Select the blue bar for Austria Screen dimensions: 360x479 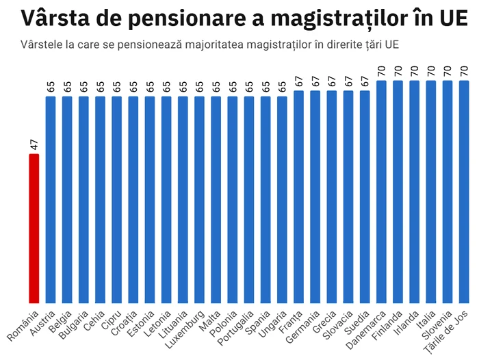51,199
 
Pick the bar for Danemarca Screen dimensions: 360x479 381,192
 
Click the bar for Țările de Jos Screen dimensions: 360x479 464,192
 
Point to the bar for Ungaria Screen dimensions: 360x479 282,199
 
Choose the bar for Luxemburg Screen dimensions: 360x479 199,199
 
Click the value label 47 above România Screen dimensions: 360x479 34,144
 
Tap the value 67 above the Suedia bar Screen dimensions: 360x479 365,81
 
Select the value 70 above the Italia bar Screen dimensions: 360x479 431,71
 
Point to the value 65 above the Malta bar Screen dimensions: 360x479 216,87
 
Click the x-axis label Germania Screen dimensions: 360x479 306,325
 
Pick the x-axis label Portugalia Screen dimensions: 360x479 239,326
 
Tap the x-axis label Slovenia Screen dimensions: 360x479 439,324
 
